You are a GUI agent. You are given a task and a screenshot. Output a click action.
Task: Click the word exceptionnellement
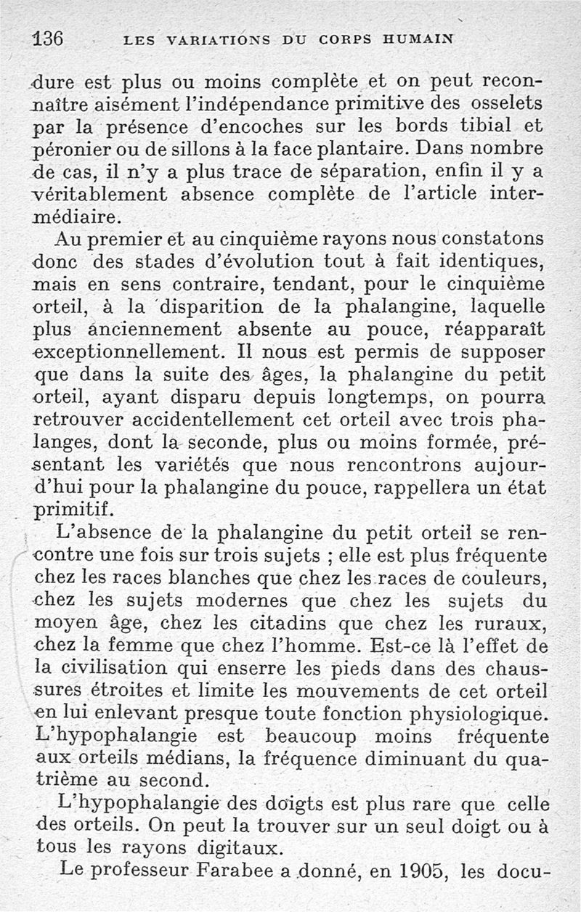click(121, 354)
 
